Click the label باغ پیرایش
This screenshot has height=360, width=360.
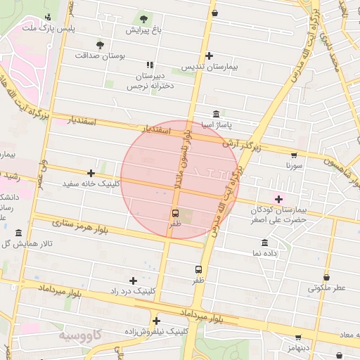pos(143,31)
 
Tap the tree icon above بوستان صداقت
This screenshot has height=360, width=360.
pos(100,44)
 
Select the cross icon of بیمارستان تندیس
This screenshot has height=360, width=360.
pos(209,56)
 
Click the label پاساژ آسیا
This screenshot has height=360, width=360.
pos(215,124)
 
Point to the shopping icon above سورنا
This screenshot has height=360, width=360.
pos(293,155)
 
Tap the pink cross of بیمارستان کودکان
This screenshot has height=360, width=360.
pos(279,199)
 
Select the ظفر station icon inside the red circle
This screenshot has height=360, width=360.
pos(175,212)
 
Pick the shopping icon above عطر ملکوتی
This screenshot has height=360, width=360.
pos(326,276)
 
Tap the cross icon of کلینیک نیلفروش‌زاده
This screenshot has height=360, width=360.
pos(155,320)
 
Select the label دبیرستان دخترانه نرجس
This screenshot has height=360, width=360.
pos(150,81)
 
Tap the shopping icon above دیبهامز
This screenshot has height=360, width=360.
pos(298,337)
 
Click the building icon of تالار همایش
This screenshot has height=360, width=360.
pos(18,233)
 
